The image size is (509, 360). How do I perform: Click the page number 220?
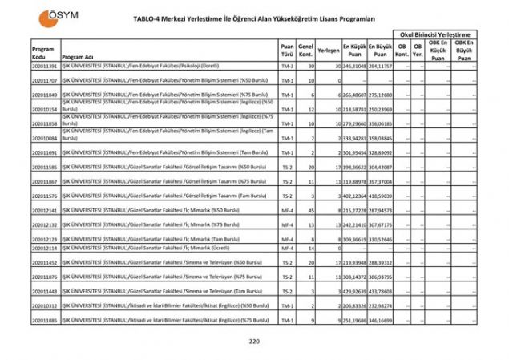(x=254, y=342)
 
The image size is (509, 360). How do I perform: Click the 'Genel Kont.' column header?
(x=305, y=51)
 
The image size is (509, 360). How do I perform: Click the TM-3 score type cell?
(x=286, y=67)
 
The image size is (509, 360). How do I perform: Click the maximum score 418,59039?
(x=380, y=196)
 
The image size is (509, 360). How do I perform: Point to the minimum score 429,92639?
(x=353, y=291)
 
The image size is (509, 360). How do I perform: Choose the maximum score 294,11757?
(x=380, y=67)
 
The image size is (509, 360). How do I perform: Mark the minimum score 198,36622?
(x=353, y=167)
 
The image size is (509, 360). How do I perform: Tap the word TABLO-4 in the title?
(x=160, y=18)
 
